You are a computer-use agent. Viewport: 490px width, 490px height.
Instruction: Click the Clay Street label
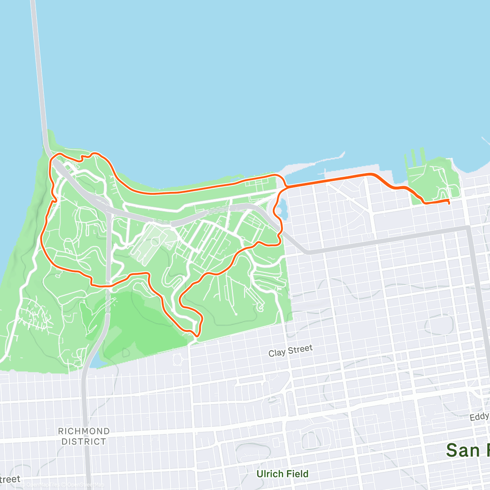(290, 351)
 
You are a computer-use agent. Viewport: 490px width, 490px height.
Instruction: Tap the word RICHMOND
(84, 431)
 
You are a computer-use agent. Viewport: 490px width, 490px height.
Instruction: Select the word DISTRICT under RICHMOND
(84, 441)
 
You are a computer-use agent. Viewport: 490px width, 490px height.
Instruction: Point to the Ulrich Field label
(282, 474)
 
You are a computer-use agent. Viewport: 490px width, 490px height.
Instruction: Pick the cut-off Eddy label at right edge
(479, 417)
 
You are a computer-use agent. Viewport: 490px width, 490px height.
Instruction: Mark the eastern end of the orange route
(449, 201)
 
